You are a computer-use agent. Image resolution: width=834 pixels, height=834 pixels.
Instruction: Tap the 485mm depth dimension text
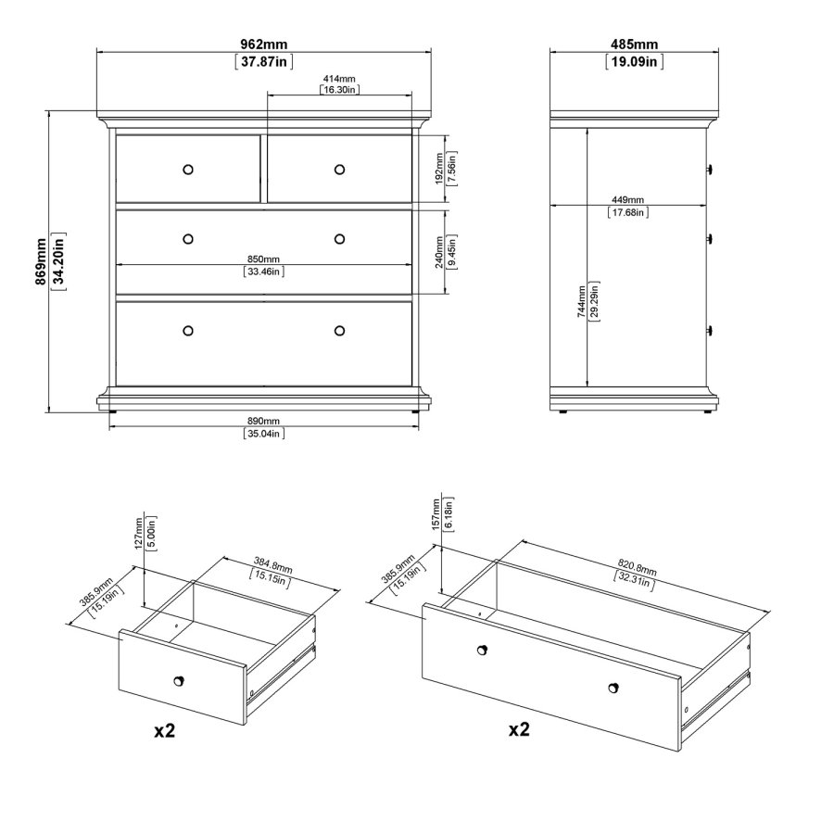634,44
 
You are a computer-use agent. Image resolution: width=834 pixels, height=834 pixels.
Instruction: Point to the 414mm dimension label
339,79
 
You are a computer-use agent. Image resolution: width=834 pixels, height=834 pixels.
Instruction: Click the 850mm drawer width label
264,259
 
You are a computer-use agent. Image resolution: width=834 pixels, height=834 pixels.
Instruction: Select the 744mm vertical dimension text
581,301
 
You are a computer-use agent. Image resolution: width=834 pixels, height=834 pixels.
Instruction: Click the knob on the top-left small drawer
188,169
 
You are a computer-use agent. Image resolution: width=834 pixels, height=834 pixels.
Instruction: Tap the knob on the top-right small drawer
339,169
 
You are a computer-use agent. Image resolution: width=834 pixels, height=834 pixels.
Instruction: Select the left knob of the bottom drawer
188,331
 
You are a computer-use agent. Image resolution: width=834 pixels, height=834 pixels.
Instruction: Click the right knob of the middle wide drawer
339,238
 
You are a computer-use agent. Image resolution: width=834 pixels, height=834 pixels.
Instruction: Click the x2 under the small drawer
164,730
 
